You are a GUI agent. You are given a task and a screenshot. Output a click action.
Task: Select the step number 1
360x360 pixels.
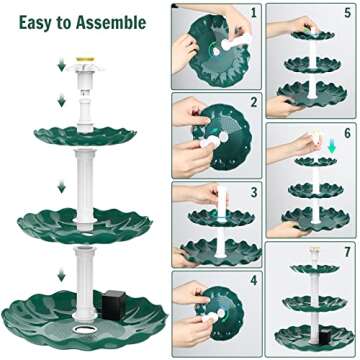[254, 13]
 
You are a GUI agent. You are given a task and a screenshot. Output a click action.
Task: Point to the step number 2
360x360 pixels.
[254, 101]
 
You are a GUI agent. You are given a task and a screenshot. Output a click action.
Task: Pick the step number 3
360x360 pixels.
[254, 190]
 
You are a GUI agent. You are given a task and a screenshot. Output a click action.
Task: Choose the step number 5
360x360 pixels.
[346, 13]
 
